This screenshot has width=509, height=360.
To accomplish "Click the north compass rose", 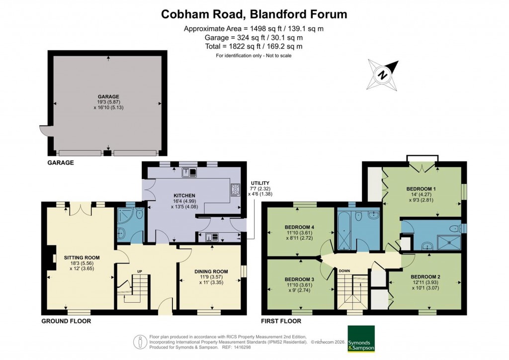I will [x=383, y=75].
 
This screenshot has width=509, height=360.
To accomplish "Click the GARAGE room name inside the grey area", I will [x=108, y=96].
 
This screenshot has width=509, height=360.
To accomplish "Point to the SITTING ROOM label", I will [x=82, y=258].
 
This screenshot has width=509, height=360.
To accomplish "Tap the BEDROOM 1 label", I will [x=421, y=189].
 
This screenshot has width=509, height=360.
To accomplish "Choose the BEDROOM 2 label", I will [x=425, y=276].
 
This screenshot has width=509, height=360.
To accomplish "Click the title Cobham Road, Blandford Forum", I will [x=254, y=14].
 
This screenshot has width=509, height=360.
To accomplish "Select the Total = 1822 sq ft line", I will [x=254, y=46].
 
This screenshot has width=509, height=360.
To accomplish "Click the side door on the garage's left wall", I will [x=44, y=131].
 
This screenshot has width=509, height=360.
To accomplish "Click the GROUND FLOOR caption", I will [x=66, y=321].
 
